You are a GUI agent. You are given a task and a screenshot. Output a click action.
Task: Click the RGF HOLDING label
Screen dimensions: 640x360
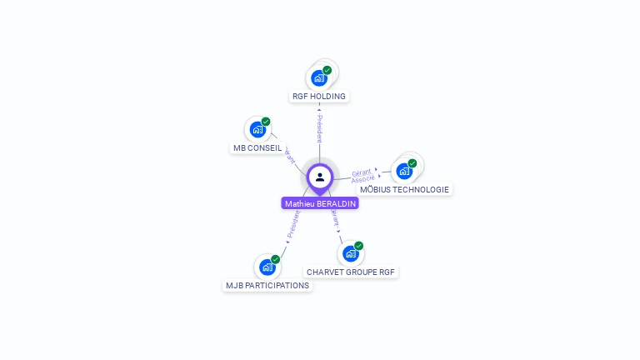(x=319, y=97)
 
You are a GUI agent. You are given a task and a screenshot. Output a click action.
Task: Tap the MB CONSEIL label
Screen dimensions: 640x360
(x=257, y=148)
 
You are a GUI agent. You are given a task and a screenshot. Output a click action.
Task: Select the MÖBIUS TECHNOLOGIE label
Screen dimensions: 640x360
(x=404, y=190)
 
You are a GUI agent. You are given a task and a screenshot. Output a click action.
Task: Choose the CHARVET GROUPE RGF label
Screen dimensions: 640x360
(x=351, y=272)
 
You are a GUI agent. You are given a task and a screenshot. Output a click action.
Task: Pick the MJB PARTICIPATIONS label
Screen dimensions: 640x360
(x=267, y=286)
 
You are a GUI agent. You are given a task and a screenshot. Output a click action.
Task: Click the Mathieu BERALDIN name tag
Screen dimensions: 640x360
(x=320, y=203)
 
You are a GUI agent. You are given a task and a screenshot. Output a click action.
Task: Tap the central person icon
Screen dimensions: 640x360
(x=320, y=177)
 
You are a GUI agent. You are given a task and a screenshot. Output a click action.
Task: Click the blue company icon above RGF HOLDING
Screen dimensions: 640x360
(x=318, y=78)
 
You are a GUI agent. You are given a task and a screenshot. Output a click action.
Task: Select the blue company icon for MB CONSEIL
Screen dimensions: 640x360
(x=257, y=130)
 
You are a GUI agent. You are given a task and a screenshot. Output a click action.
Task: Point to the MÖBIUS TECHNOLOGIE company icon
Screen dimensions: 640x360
(x=404, y=171)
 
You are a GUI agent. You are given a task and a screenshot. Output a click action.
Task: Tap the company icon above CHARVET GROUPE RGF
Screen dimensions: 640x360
(x=351, y=253)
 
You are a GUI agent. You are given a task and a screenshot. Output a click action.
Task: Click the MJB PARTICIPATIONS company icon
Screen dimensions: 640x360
(x=267, y=267)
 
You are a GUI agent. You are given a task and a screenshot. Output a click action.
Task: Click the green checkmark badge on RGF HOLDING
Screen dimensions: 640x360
(x=327, y=70)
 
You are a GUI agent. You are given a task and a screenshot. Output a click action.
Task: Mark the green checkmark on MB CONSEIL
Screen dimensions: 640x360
(x=266, y=122)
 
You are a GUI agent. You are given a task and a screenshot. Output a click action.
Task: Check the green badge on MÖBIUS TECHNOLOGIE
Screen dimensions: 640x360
(x=412, y=163)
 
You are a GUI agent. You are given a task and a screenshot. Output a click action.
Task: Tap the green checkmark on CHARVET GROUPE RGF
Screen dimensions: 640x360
(x=359, y=246)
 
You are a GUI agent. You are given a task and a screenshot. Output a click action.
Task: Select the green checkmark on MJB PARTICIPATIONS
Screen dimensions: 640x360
(x=275, y=259)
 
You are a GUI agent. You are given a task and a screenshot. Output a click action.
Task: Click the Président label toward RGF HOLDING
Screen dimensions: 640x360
(x=319, y=128)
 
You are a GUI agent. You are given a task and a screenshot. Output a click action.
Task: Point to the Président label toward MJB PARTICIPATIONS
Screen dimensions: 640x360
(x=292, y=224)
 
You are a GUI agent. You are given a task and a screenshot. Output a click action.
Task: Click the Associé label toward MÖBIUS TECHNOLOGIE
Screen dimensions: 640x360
(x=362, y=179)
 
